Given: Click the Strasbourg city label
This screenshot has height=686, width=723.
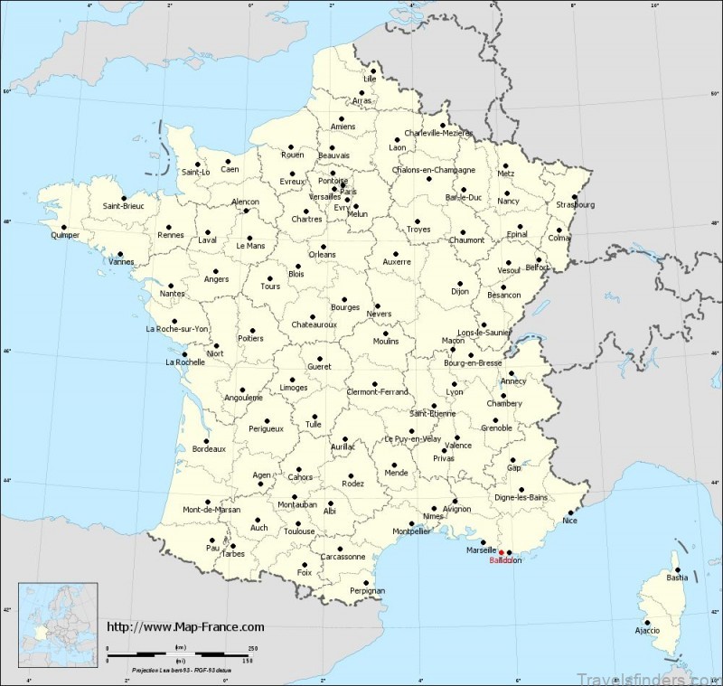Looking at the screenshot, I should [x=576, y=204].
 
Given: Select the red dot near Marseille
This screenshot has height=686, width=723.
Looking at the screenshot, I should [x=502, y=552].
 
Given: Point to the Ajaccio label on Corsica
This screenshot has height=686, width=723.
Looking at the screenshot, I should [x=647, y=629].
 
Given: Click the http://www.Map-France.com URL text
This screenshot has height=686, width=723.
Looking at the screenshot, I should [x=186, y=626].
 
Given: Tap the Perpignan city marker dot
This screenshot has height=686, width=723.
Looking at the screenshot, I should [x=366, y=582].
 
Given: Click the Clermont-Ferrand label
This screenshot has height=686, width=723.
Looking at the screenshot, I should [x=378, y=391].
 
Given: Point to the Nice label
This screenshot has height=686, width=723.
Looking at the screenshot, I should [x=568, y=522].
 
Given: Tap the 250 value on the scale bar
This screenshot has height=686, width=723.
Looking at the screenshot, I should [x=253, y=648].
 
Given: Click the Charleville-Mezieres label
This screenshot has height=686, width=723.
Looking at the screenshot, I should [x=438, y=133].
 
